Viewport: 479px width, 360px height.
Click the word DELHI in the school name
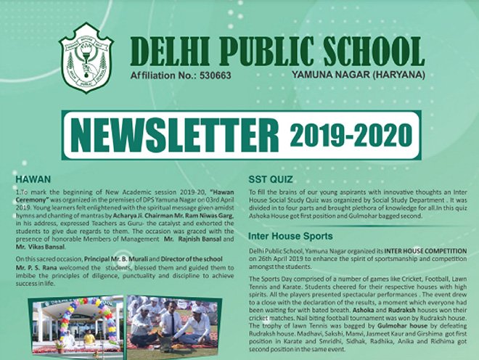click(169, 51)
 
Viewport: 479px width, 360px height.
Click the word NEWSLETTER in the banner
click(175, 136)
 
